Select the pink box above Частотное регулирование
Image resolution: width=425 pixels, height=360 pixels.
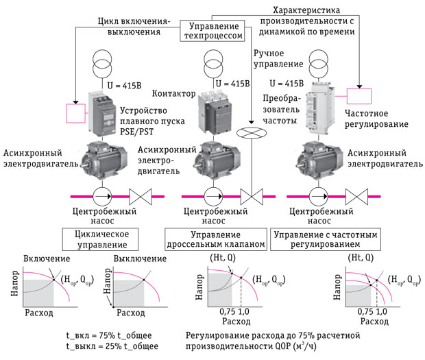point(361,97)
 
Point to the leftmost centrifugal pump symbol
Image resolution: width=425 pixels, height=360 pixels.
point(102,196)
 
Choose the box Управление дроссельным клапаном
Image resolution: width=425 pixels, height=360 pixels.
point(212,239)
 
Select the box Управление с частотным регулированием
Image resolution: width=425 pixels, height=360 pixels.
point(326,239)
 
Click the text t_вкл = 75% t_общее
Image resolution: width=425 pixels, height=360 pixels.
point(108,335)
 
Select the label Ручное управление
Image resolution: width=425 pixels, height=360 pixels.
point(278,58)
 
